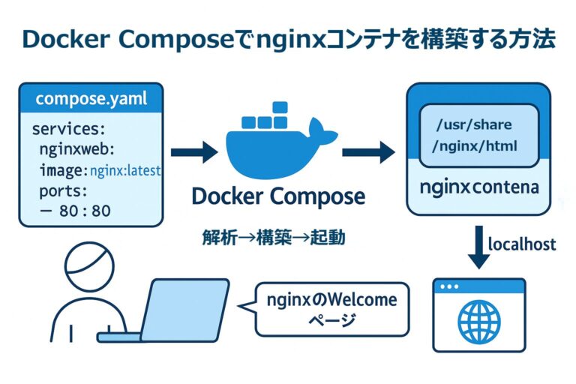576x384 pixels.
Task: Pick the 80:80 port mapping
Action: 83,211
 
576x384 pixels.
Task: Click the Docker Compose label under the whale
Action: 278,196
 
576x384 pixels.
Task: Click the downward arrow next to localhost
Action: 478,247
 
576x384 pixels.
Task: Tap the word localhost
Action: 522,244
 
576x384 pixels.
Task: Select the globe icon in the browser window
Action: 479,322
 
